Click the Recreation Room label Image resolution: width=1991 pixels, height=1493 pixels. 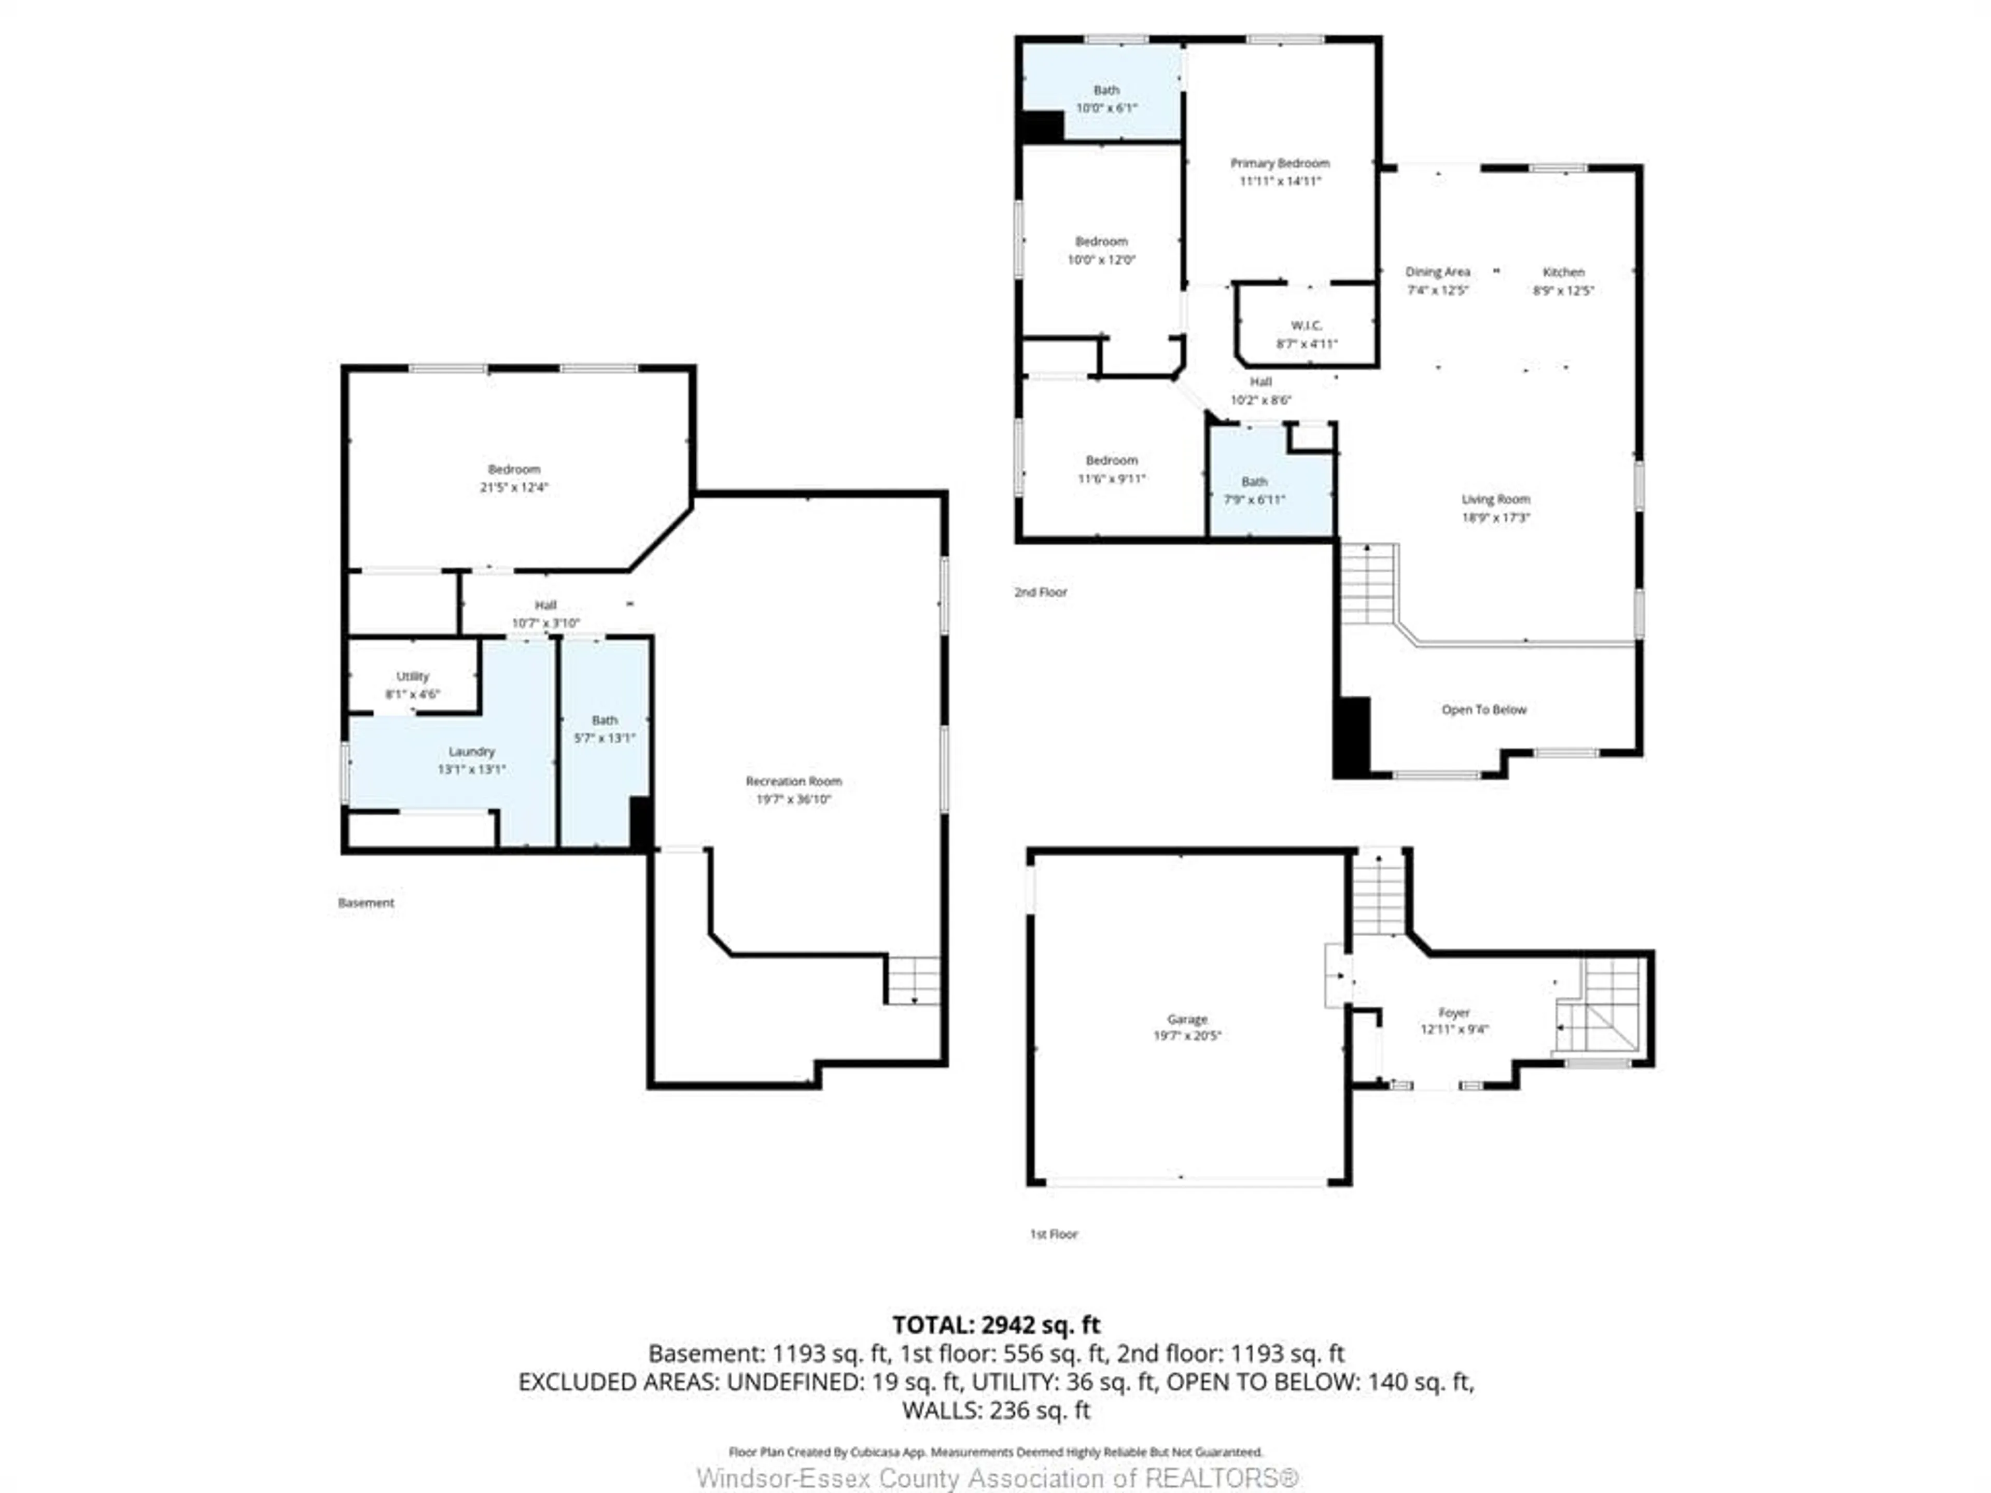click(x=793, y=781)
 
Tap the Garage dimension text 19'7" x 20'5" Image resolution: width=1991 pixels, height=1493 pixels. click(x=1187, y=1036)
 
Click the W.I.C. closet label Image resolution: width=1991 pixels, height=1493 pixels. click(x=1306, y=325)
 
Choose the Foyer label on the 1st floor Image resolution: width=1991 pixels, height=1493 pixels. click(x=1454, y=1012)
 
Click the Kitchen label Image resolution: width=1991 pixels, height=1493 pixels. click(x=1563, y=272)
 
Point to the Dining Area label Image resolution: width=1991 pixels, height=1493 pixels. click(x=1437, y=272)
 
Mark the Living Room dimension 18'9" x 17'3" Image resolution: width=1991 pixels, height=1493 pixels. click(x=1495, y=517)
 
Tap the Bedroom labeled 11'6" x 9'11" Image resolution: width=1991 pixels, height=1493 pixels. click(x=1112, y=469)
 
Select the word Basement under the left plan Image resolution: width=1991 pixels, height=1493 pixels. click(x=366, y=903)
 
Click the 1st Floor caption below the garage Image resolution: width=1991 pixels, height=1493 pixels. click(x=1053, y=1234)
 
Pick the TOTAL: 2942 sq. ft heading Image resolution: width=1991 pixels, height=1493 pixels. click(x=995, y=1325)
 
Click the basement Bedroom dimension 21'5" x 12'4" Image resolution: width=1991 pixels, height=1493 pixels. click(x=513, y=488)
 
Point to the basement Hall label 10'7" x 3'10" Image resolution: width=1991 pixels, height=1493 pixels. click(x=545, y=614)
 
